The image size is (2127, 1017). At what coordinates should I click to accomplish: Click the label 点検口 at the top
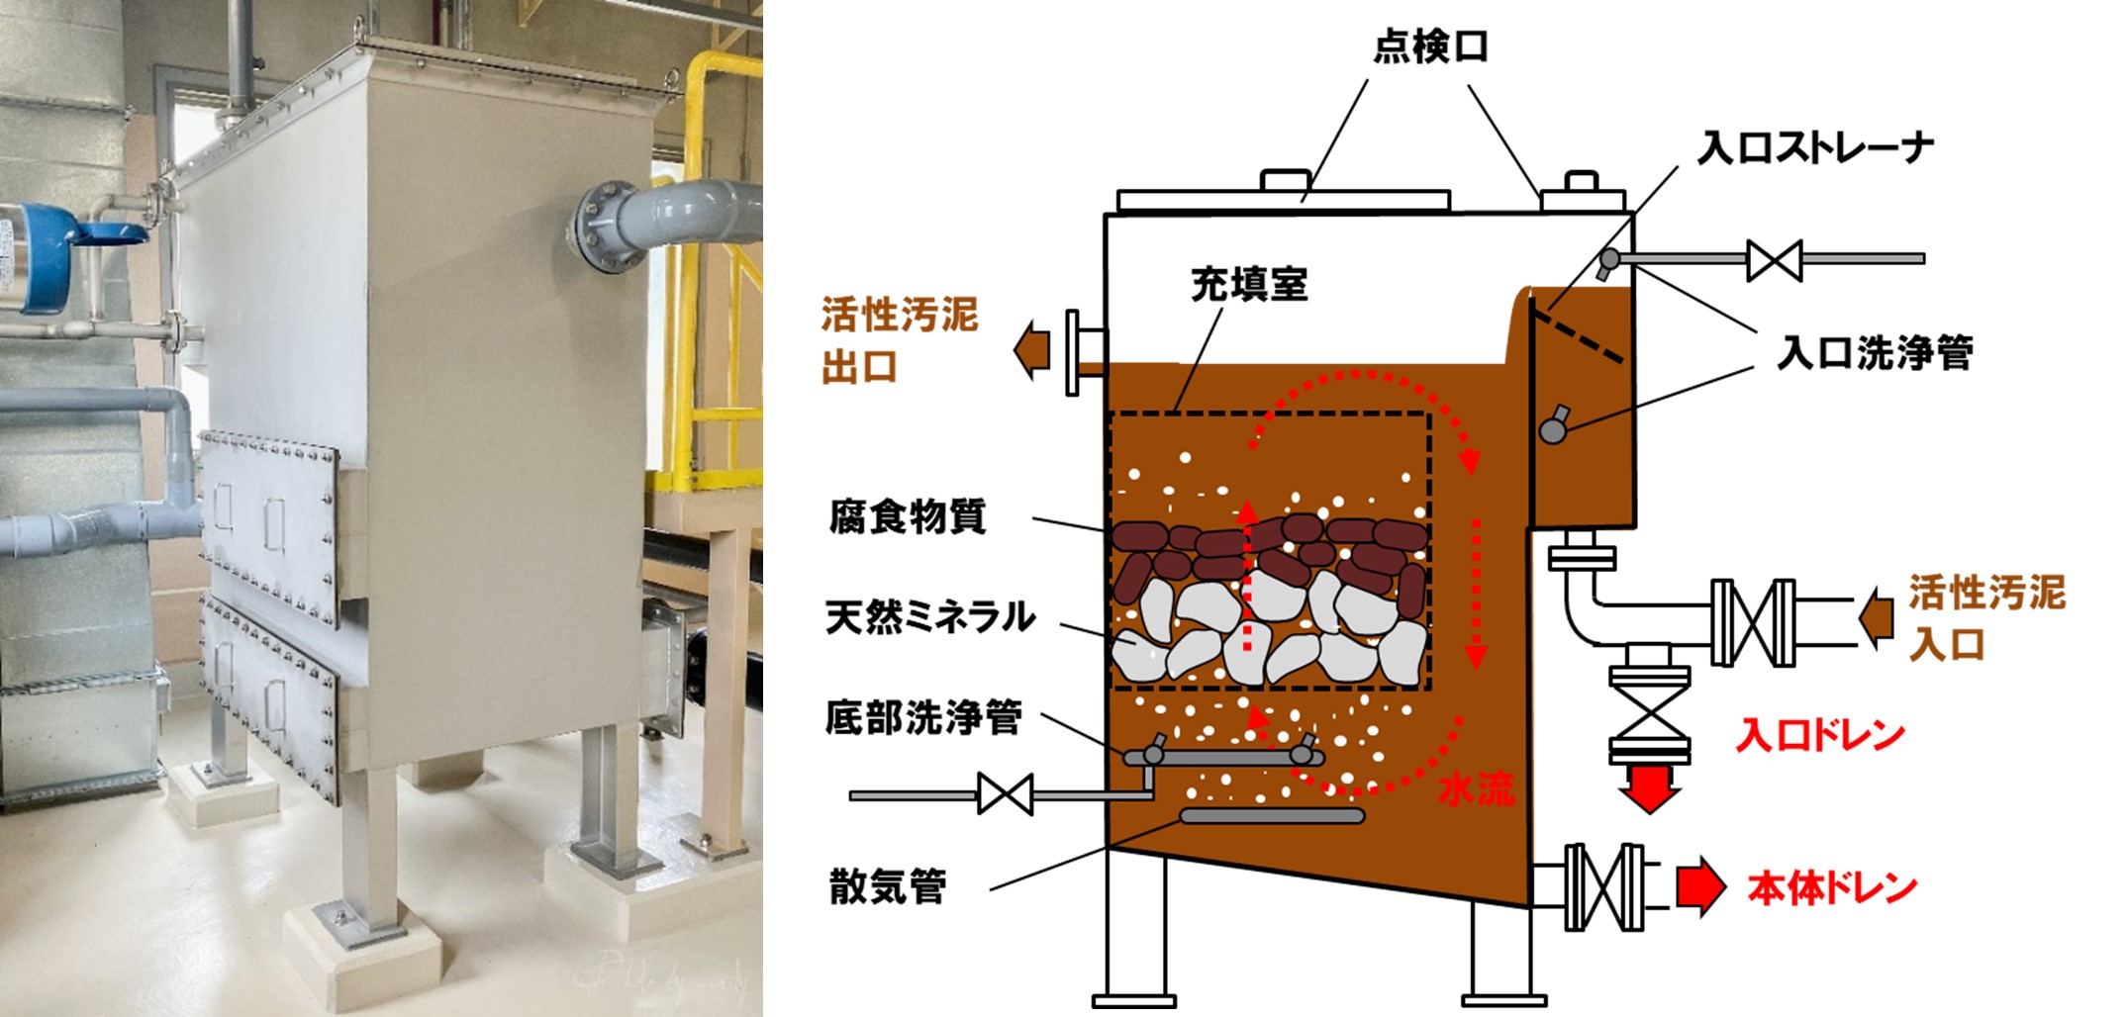coord(1430,46)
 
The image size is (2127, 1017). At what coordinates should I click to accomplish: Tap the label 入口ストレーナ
coord(1815,148)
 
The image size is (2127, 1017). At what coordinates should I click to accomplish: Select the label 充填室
coord(1249,285)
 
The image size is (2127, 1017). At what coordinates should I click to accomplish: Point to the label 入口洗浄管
coord(1875,352)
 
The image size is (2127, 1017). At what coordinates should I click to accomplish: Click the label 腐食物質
coord(908,516)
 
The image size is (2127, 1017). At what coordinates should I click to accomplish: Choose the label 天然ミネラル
coord(930,617)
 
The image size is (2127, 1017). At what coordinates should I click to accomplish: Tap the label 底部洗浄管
coord(923,718)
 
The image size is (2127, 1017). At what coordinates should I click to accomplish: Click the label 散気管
coord(888,886)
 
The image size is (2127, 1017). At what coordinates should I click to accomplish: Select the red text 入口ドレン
coord(1820,735)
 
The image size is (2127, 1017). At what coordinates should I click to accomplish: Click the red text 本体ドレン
coord(1832,888)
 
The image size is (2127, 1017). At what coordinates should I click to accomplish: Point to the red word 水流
coord(1476,788)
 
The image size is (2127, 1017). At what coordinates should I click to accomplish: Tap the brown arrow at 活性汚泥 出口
coord(1032,349)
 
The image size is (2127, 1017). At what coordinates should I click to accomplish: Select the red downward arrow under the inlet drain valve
coord(1649,787)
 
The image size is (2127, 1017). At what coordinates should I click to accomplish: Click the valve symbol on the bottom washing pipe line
coord(1005,794)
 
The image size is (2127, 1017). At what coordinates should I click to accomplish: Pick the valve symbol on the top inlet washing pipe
coord(1774,260)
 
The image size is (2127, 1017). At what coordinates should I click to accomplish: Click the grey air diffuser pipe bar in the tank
coord(1272,816)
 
